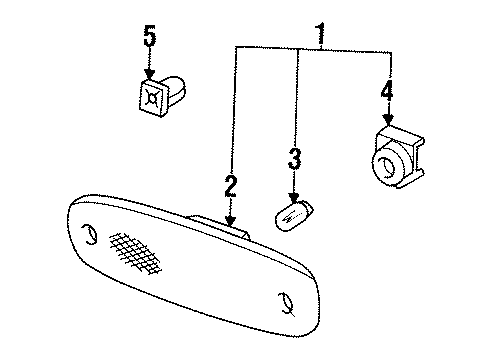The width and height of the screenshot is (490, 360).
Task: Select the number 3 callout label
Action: pyautogui.click(x=294, y=158)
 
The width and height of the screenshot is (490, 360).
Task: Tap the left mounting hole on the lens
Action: pyautogui.click(x=89, y=236)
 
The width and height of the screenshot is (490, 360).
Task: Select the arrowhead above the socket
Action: pyautogui.click(x=387, y=121)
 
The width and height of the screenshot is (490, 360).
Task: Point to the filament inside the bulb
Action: pyautogui.click(x=290, y=214)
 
